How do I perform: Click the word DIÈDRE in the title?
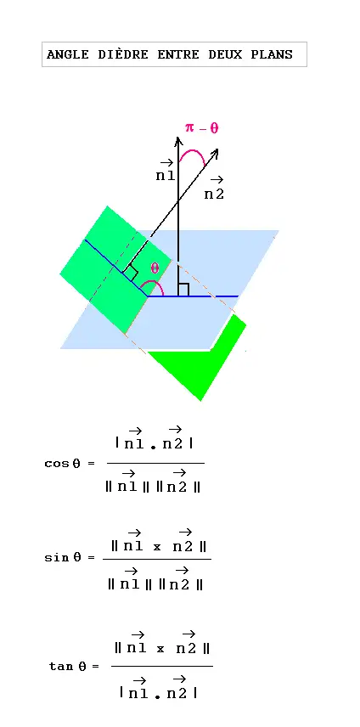123,54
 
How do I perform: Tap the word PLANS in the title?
272,54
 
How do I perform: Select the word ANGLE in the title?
68,54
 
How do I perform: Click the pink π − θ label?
201,127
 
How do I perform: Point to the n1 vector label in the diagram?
165,171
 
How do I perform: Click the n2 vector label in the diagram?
214,189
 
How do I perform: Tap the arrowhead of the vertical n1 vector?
177,140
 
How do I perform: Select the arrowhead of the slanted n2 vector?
214,153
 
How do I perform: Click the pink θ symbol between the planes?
155,268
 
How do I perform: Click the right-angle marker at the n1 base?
183,290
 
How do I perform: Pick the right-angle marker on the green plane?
131,273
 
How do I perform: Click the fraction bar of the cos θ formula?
155,463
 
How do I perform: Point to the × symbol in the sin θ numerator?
157,547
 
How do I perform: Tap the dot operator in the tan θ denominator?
157,696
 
